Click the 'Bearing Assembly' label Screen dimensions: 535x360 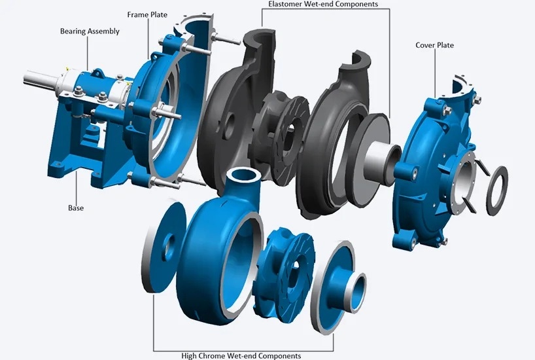point(90,31)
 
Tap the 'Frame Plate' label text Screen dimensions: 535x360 point(147,14)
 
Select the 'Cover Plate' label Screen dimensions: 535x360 point(434,45)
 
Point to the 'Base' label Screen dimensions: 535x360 point(76,208)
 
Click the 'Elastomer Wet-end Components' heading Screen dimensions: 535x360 point(323,4)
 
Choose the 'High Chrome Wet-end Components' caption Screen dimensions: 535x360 point(241,356)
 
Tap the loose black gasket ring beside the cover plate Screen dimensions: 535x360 point(497,190)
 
